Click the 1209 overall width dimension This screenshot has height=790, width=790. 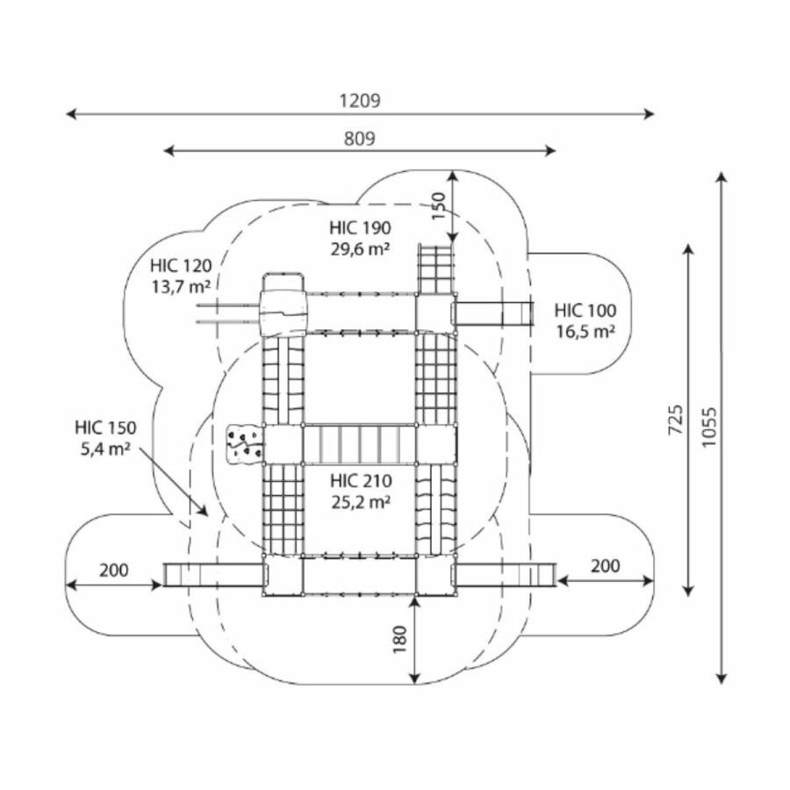tap(360, 100)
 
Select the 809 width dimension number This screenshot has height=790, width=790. tap(360, 138)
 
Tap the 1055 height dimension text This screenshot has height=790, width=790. tap(709, 427)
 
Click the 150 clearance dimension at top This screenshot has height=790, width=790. tap(439, 207)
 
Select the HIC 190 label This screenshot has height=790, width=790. tap(360, 228)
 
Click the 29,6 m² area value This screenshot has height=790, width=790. tap(360, 248)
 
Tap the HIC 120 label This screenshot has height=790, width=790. tap(180, 265)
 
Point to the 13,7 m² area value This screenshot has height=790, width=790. tap(180, 285)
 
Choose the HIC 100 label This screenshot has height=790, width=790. tap(585, 310)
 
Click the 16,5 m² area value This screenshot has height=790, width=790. tap(585, 331)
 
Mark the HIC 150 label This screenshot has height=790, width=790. tap(105, 428)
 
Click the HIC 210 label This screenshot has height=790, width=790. tap(360, 481)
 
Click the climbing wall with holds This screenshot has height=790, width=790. tap(245, 442)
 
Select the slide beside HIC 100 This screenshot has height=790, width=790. tap(495, 313)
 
